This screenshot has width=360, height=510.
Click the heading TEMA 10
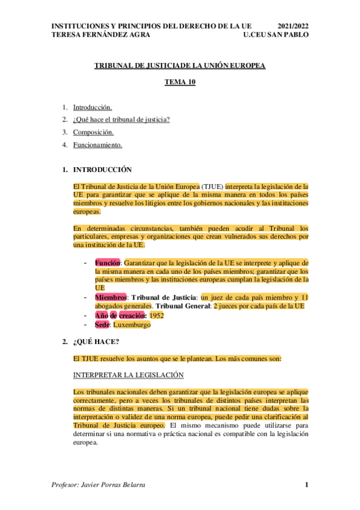[x=180, y=84]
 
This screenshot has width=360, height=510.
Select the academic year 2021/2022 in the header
[x=294, y=26]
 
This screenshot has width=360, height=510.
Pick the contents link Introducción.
[x=92, y=108]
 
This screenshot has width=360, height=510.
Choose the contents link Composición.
[x=93, y=132]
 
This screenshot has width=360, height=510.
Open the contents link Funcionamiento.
[x=97, y=145]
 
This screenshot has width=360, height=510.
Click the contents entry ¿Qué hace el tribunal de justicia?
[x=121, y=120]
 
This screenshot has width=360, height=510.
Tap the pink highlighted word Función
[x=108, y=263]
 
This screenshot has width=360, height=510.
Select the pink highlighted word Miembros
[x=111, y=297]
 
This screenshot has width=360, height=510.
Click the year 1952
[x=157, y=315]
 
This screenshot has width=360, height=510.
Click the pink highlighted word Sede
[x=102, y=325]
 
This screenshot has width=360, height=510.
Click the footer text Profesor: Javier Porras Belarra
[x=100, y=485]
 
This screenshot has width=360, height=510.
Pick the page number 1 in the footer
[x=306, y=485]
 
